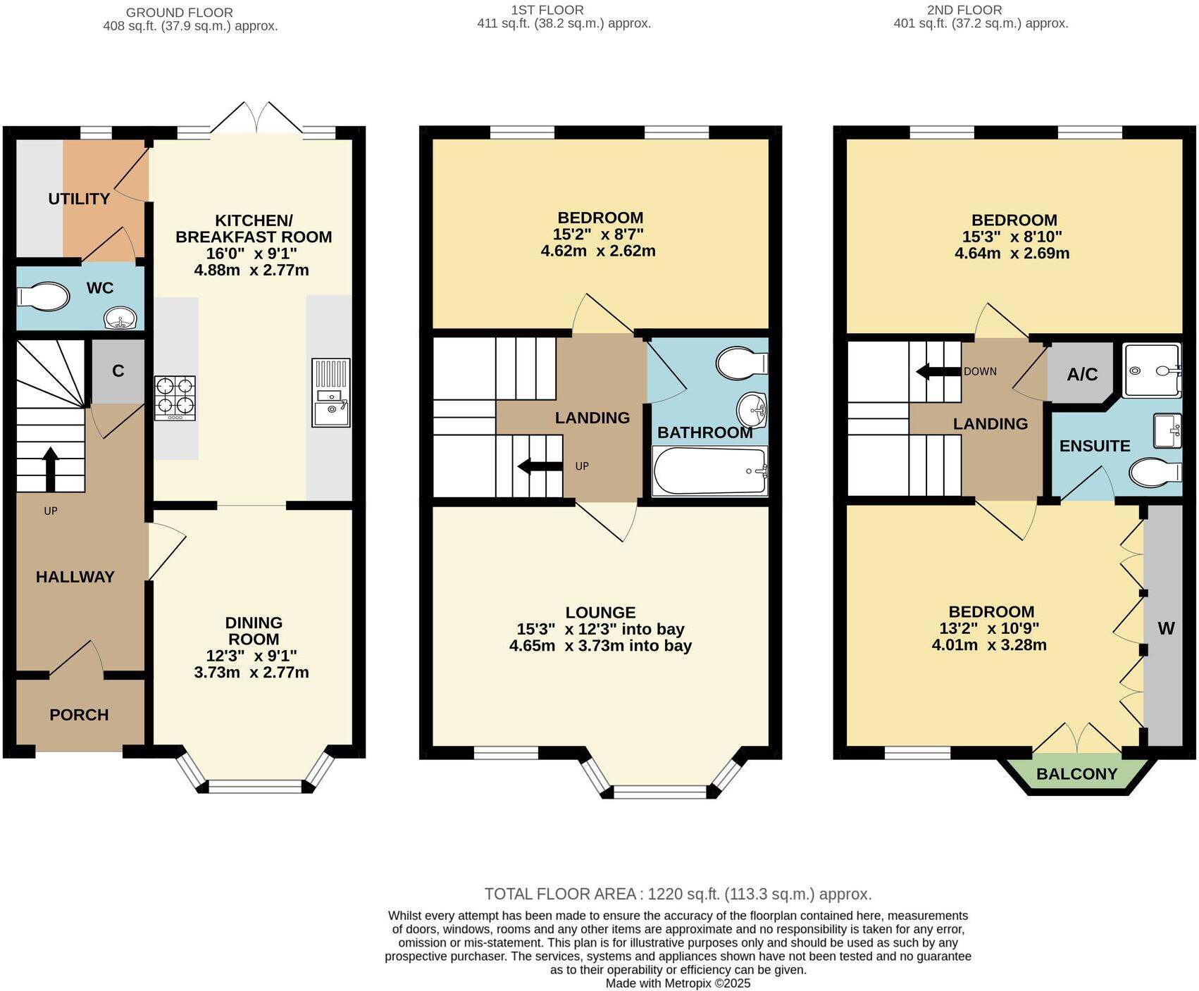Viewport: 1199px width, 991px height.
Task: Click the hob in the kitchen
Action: click(175, 399)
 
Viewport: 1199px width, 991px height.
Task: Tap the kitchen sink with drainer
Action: click(331, 392)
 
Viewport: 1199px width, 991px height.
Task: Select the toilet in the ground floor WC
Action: click(43, 297)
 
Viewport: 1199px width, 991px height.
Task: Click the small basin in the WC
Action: click(121, 319)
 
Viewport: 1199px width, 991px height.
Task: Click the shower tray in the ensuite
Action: click(1151, 370)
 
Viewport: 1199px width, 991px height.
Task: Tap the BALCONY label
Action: click(1076, 774)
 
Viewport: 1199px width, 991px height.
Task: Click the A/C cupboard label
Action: click(1082, 374)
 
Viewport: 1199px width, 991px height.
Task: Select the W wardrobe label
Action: click(1166, 628)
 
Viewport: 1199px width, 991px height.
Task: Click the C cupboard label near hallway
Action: click(118, 371)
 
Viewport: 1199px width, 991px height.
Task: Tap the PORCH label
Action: click(79, 715)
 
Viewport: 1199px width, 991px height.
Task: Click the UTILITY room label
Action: click(79, 199)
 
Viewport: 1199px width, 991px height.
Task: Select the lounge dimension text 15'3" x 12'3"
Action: click(600, 629)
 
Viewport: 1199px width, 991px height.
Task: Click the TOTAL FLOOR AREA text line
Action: click(678, 894)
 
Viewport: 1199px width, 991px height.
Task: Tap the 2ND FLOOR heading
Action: click(964, 10)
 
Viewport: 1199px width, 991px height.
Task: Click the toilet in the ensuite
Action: click(1155, 472)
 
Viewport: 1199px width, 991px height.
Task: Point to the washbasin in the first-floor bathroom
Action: click(752, 409)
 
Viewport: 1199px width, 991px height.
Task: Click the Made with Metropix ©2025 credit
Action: click(678, 983)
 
